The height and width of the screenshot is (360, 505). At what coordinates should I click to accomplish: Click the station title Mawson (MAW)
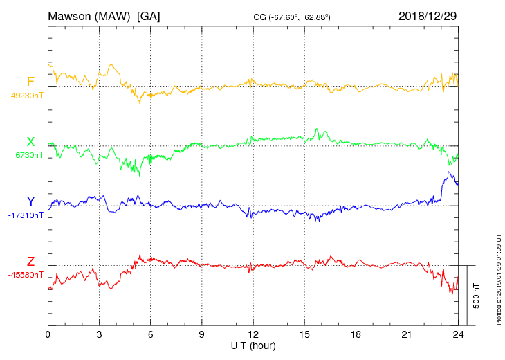tap(89, 15)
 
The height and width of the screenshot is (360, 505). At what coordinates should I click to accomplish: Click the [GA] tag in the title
tap(149, 15)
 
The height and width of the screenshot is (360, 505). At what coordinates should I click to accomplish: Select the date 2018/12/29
tap(427, 15)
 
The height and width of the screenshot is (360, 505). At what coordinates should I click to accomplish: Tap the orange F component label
tap(30, 82)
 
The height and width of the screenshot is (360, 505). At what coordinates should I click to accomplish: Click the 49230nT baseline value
tap(26, 96)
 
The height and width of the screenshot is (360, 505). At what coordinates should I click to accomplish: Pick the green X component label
tap(30, 143)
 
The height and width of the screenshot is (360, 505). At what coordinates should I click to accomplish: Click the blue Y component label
tap(30, 201)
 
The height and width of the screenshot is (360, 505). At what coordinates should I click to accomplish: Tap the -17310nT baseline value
tap(26, 215)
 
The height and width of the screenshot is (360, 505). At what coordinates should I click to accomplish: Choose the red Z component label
tap(30, 262)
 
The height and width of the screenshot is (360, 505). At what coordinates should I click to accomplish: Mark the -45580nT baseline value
tap(26, 275)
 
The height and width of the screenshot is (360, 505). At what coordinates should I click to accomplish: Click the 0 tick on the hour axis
tap(48, 334)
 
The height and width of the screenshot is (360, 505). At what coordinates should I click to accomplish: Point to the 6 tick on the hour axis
tap(150, 334)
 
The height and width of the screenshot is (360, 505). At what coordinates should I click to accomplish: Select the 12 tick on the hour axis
tap(253, 334)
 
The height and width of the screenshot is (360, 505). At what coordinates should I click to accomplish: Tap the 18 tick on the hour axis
tap(356, 334)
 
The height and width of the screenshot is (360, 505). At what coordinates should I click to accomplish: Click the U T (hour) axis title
tap(253, 345)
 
